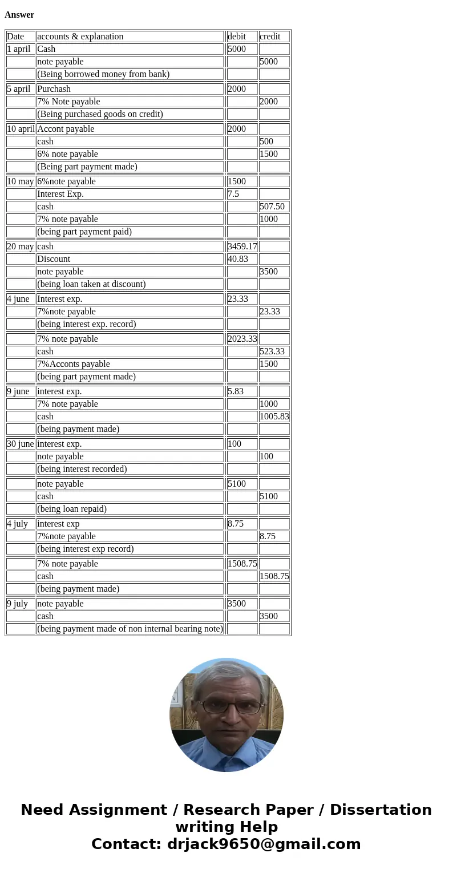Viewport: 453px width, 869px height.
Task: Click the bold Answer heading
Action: coord(19,15)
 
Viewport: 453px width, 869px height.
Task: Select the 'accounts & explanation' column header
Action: coord(80,37)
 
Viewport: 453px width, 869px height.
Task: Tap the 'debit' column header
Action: coord(237,37)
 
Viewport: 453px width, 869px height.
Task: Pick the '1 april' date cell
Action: coord(19,49)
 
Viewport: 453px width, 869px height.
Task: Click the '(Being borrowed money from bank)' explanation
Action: coord(103,74)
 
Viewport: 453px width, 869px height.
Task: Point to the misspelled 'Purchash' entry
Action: coord(54,89)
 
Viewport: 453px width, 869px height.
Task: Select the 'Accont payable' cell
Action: coord(66,129)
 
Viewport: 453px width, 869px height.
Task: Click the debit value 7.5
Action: coord(233,194)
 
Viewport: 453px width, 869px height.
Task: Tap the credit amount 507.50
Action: coord(272,207)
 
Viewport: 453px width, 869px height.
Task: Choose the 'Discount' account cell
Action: coord(54,259)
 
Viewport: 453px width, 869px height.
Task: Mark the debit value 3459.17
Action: coord(242,246)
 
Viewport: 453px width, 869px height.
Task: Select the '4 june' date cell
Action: coord(18,299)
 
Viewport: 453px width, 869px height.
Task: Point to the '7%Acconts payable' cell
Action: coord(73,364)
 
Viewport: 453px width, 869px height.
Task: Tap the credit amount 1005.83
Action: coord(274,417)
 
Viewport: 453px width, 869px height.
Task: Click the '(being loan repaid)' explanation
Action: coord(72,509)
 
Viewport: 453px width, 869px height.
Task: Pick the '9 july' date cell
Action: coord(17,604)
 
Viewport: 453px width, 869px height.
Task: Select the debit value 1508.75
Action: coord(242,564)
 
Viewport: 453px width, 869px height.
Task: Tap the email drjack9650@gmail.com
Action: coord(264,844)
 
